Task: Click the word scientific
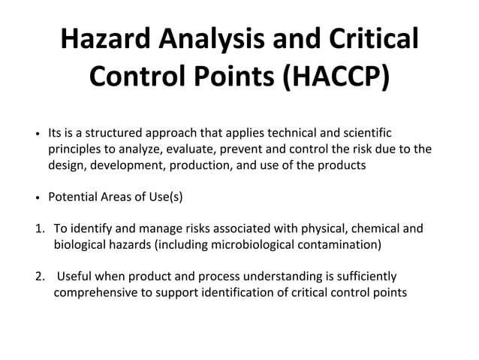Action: click(364, 132)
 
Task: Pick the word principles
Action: click(74, 149)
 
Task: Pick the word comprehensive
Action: click(95, 292)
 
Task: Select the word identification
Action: click(236, 292)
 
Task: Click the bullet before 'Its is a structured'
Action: click(38, 134)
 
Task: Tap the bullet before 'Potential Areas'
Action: click(38, 198)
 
